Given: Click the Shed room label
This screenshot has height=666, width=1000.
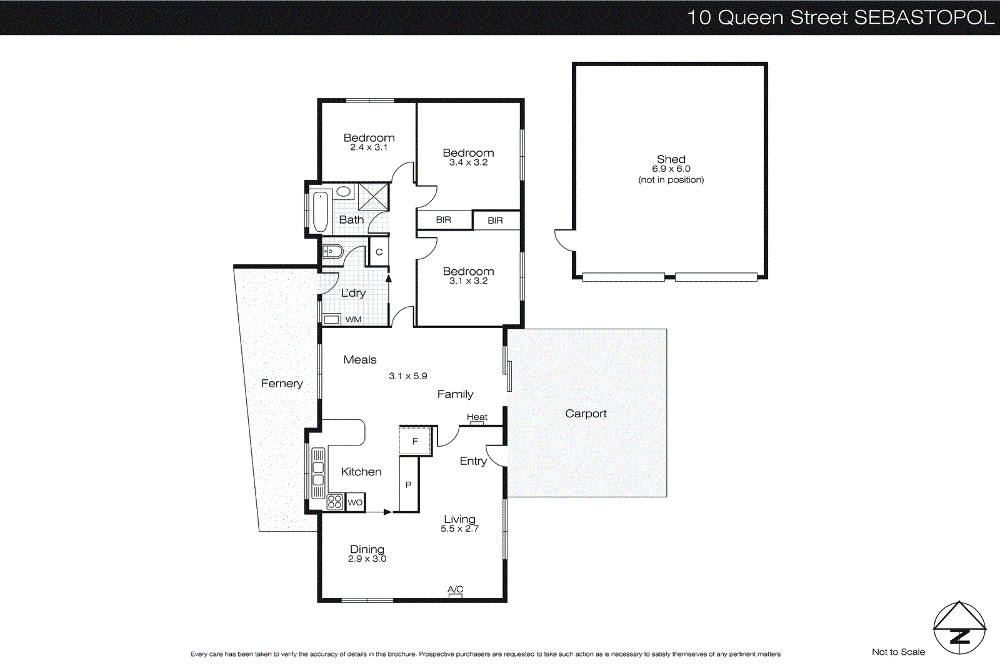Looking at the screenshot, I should pos(671,159).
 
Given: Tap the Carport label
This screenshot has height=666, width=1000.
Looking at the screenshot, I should pos(586,414).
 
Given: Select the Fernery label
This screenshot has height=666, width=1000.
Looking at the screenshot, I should pos(282,384).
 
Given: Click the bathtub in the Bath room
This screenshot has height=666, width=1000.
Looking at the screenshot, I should pos(321,212).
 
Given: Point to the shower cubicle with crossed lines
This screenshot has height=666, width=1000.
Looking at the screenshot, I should pos(373,197).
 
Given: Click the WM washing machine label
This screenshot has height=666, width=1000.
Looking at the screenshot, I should pos(353,319).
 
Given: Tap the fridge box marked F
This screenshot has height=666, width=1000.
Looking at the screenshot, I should pos(415,441).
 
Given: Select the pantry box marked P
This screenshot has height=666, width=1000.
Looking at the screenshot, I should pos(409,485).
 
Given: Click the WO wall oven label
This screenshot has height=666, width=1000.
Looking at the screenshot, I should pos(355,502).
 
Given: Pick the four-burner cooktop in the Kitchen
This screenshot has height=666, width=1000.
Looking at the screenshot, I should pos(335,502).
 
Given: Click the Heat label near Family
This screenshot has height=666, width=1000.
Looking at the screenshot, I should pos(477,417).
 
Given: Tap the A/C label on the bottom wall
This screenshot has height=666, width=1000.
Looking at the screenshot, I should pos(455,589).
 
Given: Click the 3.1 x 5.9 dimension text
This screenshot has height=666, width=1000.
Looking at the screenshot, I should pos(407,376).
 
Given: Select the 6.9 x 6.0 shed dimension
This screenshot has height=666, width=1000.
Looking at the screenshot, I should pos(671,169).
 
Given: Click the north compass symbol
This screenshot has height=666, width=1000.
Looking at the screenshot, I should pos(959,628).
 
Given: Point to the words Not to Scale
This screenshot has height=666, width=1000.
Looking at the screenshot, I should pos(898,652).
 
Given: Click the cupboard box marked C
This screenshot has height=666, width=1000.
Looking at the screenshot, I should pos(379,252).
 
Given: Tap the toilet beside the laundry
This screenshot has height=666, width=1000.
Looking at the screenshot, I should pos(332,252).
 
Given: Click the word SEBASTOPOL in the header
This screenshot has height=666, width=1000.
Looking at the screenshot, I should pos(924,17).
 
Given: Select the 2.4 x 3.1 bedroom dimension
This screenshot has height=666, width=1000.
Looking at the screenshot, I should pos(369,147).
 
